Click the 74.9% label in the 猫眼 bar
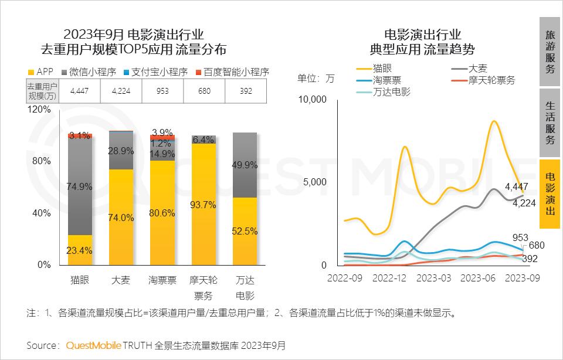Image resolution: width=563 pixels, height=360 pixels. (80, 186)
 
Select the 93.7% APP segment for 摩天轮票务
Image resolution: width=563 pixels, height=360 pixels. (204, 205)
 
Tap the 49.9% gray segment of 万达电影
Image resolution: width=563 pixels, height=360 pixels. (245, 165)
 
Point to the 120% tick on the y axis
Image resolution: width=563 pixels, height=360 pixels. (40, 110)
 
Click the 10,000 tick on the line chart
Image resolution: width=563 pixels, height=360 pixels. (312, 99)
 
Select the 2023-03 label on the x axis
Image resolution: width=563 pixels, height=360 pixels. (435, 278)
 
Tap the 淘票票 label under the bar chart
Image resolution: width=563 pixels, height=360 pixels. (162, 280)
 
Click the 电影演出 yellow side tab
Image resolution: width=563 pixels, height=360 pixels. (550, 194)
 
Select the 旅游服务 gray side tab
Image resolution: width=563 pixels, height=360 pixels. (550, 52)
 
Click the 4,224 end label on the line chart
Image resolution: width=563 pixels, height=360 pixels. (525, 203)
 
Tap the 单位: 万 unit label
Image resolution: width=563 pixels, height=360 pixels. (316, 78)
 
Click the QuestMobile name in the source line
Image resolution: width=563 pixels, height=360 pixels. (93, 345)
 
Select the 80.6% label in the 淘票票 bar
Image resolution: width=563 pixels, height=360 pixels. (162, 213)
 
